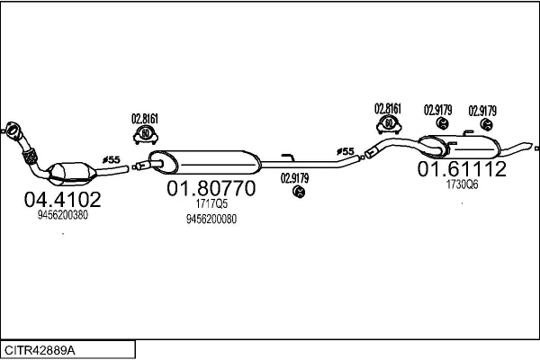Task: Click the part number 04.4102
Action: [63, 199]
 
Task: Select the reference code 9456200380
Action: [63, 215]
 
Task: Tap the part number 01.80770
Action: [211, 188]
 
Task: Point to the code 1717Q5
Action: [211, 203]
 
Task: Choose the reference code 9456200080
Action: [211, 219]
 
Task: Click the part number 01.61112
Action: [462, 169]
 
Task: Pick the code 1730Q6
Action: [463, 184]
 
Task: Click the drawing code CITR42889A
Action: [40, 350]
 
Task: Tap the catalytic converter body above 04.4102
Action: [72, 173]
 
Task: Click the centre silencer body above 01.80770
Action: [205, 162]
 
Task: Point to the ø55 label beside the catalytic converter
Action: [112, 160]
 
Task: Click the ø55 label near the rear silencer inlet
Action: [346, 151]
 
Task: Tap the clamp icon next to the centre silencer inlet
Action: [146, 135]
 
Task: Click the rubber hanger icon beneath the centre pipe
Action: [299, 192]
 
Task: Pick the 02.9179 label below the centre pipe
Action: [294, 178]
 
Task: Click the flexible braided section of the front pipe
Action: [31, 157]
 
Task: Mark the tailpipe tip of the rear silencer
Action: [530, 146]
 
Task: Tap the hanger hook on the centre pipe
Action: [288, 157]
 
